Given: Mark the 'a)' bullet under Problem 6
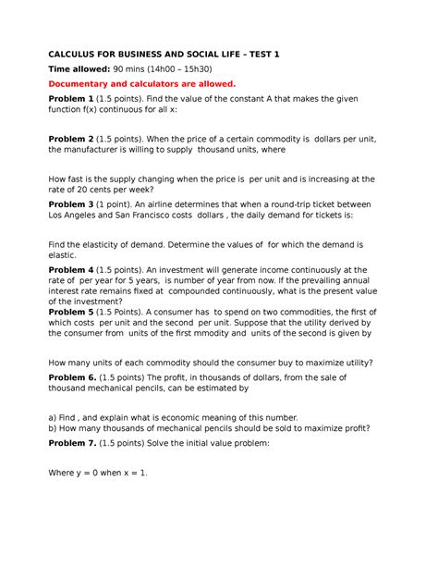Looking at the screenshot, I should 53,417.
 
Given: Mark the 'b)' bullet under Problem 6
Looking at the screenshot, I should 53,428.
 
